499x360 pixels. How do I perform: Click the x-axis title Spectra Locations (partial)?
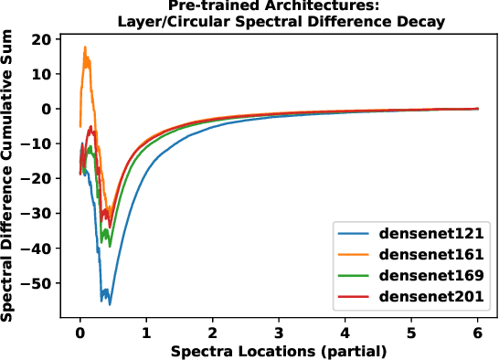[x=278, y=351]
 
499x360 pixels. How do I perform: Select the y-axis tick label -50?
[x=38, y=283]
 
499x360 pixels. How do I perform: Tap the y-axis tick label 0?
[x=47, y=109]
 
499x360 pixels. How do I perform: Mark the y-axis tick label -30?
[x=38, y=214]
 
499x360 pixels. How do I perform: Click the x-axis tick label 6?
[x=476, y=333]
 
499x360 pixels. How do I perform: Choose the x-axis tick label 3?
[x=278, y=333]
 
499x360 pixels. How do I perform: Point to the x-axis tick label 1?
[x=146, y=333]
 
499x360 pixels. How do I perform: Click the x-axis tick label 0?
[x=80, y=333]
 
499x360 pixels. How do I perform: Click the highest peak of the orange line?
[x=85, y=48]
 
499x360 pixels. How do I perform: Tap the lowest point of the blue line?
[x=110, y=304]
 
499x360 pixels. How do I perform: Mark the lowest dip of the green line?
[x=110, y=247]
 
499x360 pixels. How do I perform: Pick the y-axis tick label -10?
[x=38, y=144]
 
